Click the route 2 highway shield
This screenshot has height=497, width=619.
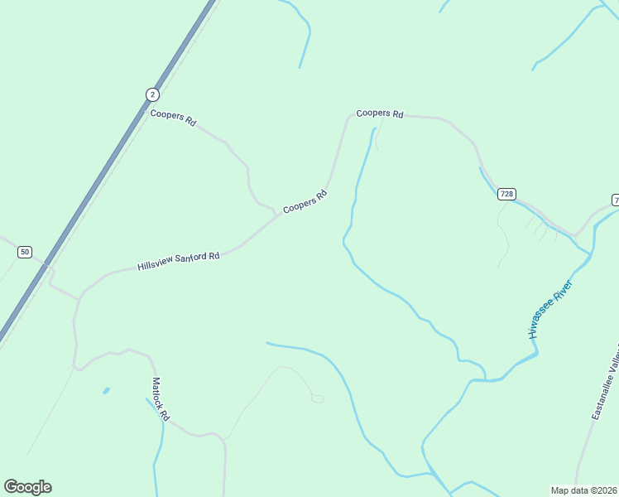pyautogui.click(x=152, y=94)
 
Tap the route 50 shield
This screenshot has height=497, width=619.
pyautogui.click(x=25, y=252)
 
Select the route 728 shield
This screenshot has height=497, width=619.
pyautogui.click(x=507, y=194)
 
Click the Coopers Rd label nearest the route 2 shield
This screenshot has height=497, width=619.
pyautogui.click(x=173, y=118)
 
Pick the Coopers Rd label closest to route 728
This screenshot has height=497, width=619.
pyautogui.click(x=379, y=113)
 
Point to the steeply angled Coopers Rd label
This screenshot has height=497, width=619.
pyautogui.click(x=305, y=202)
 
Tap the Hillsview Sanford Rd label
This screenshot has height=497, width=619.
pyautogui.click(x=179, y=262)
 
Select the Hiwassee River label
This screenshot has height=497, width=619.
pyautogui.click(x=551, y=309)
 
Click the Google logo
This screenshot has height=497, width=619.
pyautogui.click(x=27, y=487)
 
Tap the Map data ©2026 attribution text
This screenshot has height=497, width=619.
pyautogui.click(x=584, y=490)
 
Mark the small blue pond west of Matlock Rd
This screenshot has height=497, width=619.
pyautogui.click(x=106, y=390)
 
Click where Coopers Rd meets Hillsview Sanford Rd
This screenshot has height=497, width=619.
pyautogui.click(x=277, y=216)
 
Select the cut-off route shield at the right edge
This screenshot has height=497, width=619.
pyautogui.click(x=615, y=200)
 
